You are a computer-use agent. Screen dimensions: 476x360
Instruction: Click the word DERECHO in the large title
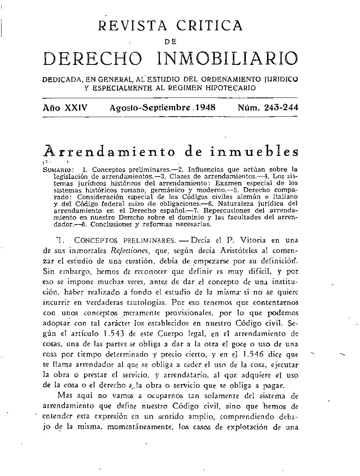click(93, 59)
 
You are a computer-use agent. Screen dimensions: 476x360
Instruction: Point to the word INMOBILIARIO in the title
click(228, 59)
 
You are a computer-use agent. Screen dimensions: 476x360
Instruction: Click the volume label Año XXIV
click(65, 108)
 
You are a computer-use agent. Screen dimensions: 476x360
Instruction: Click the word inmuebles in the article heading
click(252, 152)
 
